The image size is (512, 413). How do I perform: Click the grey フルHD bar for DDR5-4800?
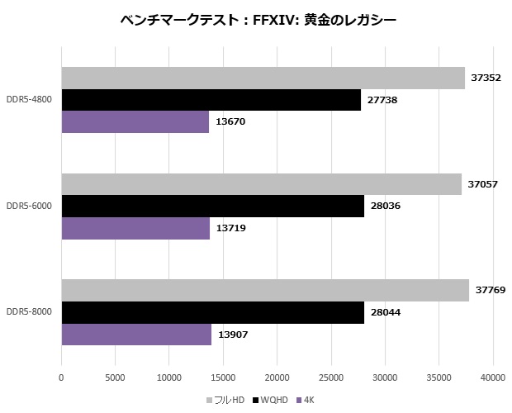(x=263, y=78)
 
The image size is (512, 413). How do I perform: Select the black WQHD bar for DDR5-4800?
(x=211, y=99)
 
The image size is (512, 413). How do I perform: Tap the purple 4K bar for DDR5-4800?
(x=135, y=121)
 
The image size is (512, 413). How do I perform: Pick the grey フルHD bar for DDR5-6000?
(x=261, y=184)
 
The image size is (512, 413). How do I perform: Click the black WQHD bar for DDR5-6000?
(x=212, y=206)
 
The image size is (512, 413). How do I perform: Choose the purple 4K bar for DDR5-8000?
(x=136, y=334)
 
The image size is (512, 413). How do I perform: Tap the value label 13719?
(x=230, y=227)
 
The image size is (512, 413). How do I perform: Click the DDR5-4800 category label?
(x=29, y=100)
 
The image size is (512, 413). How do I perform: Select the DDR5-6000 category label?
(x=29, y=206)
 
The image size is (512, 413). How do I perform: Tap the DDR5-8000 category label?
(x=29, y=312)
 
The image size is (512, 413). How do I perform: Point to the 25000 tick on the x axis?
(x=331, y=378)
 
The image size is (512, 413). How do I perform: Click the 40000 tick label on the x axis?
(x=493, y=378)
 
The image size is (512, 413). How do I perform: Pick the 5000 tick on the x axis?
(x=115, y=378)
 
